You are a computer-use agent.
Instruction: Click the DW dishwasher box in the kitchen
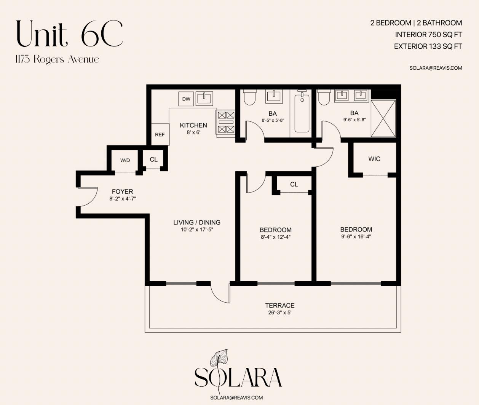coord(186,99)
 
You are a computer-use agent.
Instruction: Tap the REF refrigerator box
coord(160,134)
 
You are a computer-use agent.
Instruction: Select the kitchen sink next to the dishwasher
coord(204,99)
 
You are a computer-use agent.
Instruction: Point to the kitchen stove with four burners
coord(226,122)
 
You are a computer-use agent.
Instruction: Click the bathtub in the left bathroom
coord(302,112)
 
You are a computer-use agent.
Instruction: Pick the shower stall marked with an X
coord(383,118)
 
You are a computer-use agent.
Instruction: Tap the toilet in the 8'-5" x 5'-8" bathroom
coord(249,97)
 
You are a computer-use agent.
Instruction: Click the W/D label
coord(125,160)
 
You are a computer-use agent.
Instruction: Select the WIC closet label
coord(374,159)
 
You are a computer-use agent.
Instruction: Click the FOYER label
coord(123,191)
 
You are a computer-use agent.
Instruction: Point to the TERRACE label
coord(280,305)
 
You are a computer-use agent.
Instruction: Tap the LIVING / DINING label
coord(197,222)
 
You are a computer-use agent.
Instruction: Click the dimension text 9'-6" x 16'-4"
coord(356,236)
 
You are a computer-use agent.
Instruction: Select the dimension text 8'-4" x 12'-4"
coord(276,237)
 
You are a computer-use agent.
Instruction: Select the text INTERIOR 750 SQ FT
coord(428,35)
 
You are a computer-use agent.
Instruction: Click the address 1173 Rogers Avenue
coord(57,60)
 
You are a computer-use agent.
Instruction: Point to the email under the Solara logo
coord(236,398)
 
